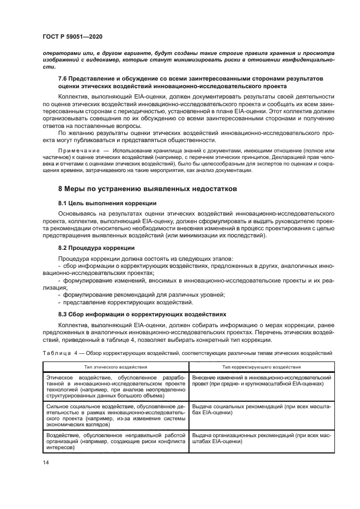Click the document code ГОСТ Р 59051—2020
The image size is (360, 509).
click(x=72, y=36)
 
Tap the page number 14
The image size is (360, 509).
click(x=45, y=462)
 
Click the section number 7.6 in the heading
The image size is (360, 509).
click(x=63, y=79)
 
